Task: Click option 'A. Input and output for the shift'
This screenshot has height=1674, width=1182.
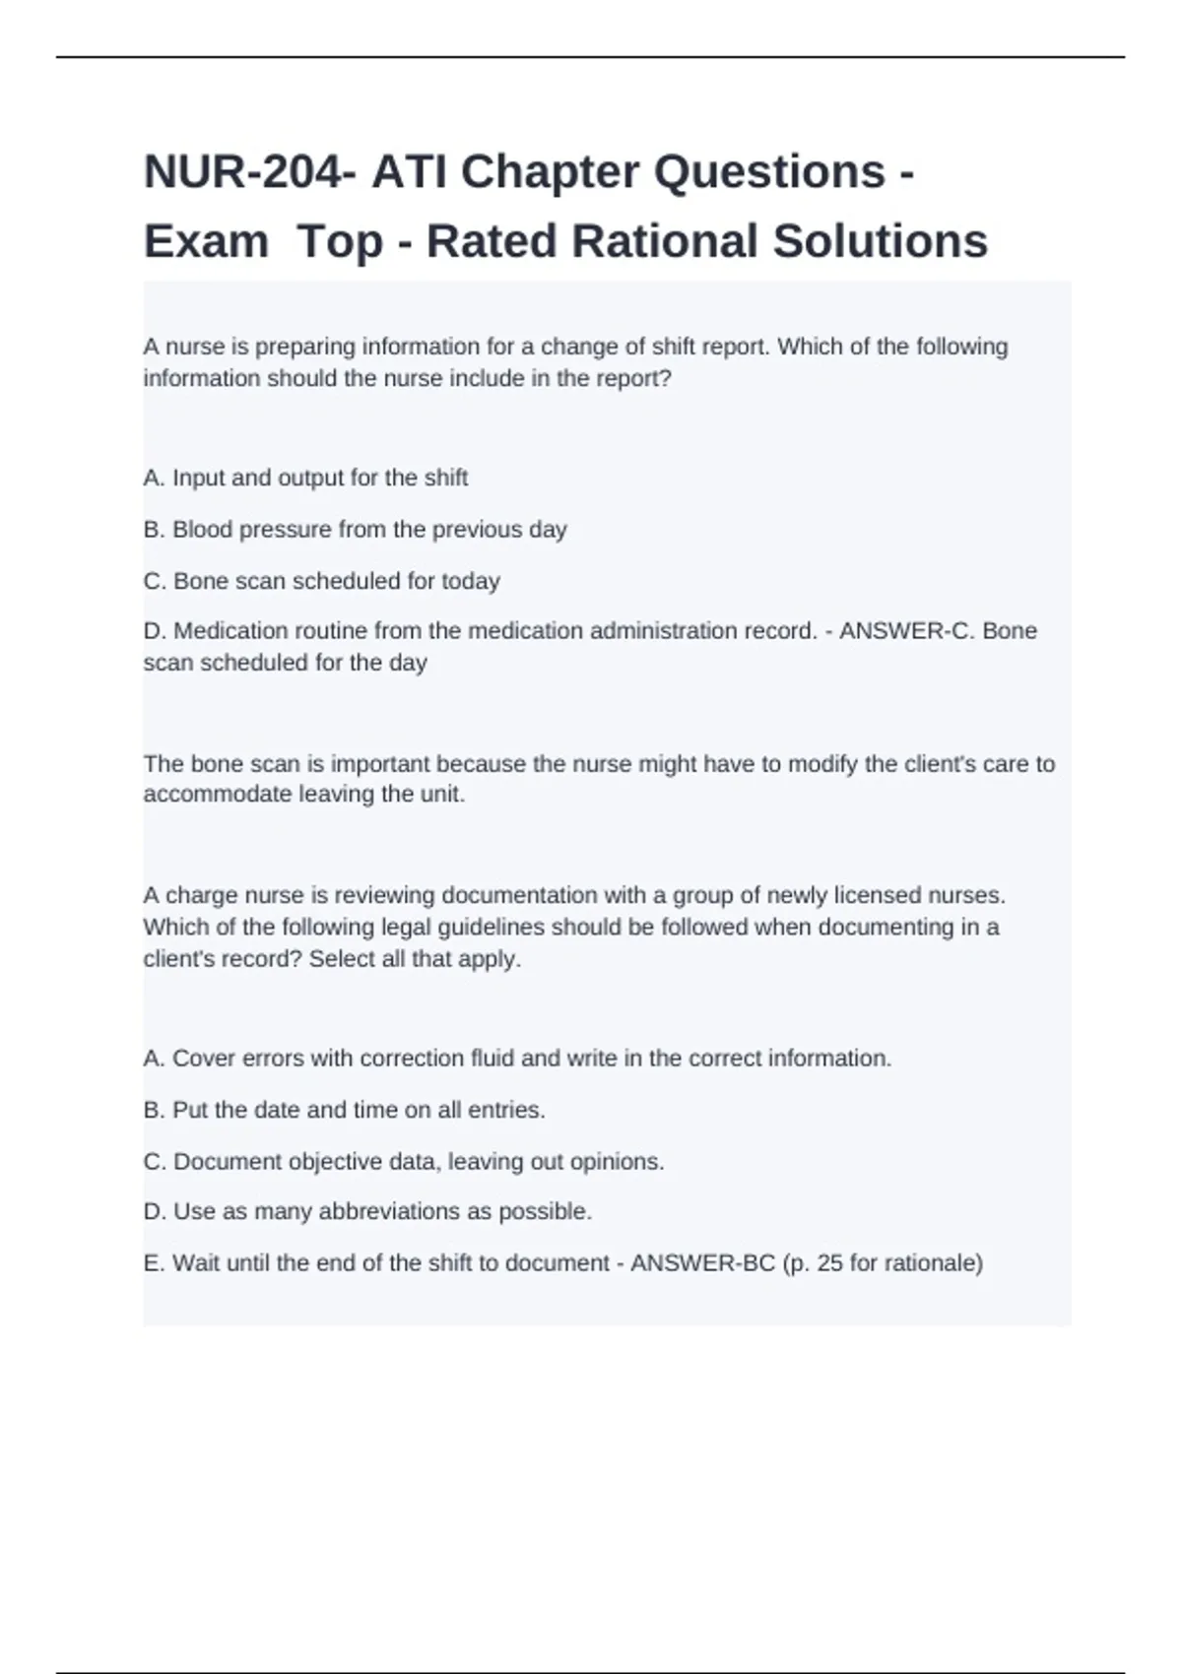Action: click(305, 479)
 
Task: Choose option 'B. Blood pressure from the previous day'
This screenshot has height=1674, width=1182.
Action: click(355, 530)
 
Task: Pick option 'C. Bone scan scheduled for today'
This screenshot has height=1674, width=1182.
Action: click(321, 581)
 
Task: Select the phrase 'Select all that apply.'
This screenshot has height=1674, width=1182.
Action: click(415, 959)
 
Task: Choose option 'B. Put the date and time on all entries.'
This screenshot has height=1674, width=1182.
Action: click(344, 1111)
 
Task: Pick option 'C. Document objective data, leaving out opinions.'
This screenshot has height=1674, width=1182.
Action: click(404, 1162)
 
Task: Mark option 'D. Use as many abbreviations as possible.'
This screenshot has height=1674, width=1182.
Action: click(367, 1211)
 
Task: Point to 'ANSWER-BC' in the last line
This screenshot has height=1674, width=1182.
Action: click(702, 1263)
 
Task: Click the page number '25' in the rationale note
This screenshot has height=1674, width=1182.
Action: click(829, 1263)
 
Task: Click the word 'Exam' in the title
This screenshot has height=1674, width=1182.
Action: click(206, 242)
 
